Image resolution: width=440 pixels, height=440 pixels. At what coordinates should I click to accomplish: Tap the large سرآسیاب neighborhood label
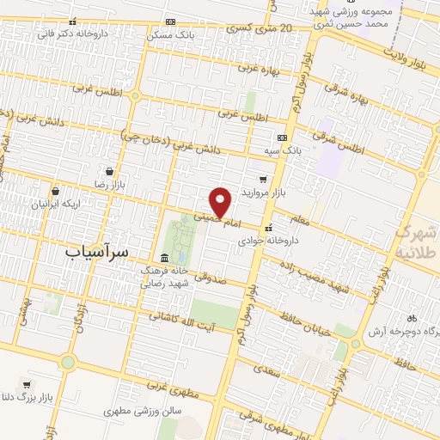click(x=97, y=252)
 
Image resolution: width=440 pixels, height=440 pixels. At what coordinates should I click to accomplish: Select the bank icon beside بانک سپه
click(x=281, y=137)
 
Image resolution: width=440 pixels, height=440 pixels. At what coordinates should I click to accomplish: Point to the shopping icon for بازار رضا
click(x=108, y=170)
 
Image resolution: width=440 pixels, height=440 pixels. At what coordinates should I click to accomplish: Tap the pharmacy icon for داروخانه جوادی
click(x=270, y=228)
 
